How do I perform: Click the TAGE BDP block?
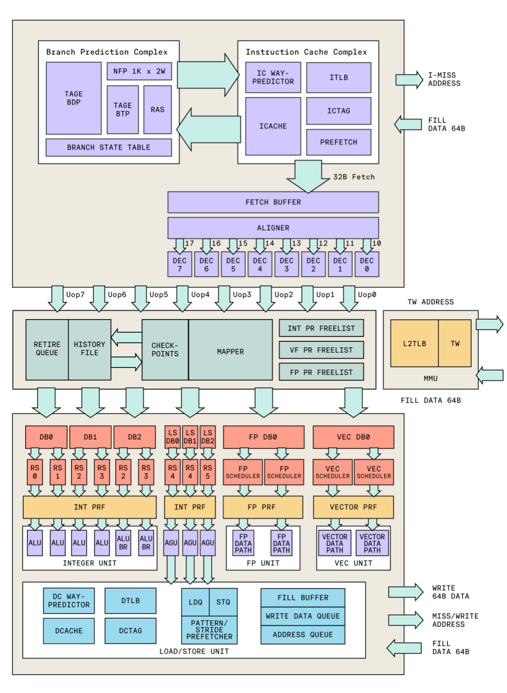click(x=73, y=98)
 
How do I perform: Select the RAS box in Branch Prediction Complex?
click(x=158, y=109)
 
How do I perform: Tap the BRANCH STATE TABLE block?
click(x=108, y=147)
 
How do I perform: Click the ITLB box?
click(x=338, y=77)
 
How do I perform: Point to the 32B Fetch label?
click(x=354, y=177)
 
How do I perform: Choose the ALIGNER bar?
click(x=273, y=228)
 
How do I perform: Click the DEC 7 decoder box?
click(x=179, y=264)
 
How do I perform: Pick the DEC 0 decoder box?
click(x=367, y=264)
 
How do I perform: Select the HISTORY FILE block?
click(x=89, y=349)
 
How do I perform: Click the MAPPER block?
click(x=230, y=351)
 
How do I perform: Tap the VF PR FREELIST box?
click(x=321, y=350)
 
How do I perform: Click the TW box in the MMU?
click(x=455, y=343)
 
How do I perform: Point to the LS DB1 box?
click(x=190, y=437)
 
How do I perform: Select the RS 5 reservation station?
click(x=208, y=471)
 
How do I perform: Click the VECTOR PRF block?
click(x=353, y=507)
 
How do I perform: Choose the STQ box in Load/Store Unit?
click(x=223, y=602)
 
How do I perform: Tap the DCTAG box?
click(x=130, y=630)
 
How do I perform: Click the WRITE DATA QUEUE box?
click(x=303, y=616)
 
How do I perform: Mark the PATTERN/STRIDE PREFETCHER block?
click(x=209, y=630)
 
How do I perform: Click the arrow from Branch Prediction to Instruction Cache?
click(x=207, y=75)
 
